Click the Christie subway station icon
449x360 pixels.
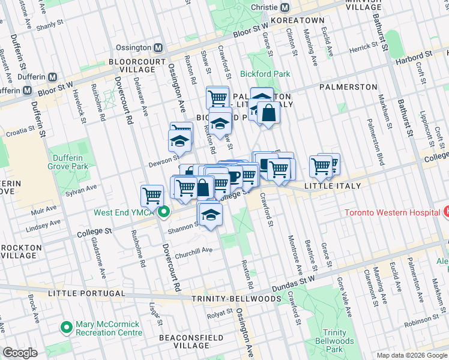pos(285,8)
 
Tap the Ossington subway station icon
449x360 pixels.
pos(158,47)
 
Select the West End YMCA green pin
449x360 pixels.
pos(163,212)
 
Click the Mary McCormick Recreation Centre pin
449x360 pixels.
pos(66,328)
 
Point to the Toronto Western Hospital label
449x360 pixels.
pos(391,213)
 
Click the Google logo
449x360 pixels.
pos(20,353)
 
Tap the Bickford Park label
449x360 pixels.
pos(265,74)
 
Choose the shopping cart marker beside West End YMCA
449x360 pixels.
pos(152,195)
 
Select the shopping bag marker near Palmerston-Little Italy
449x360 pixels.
pos(268,113)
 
